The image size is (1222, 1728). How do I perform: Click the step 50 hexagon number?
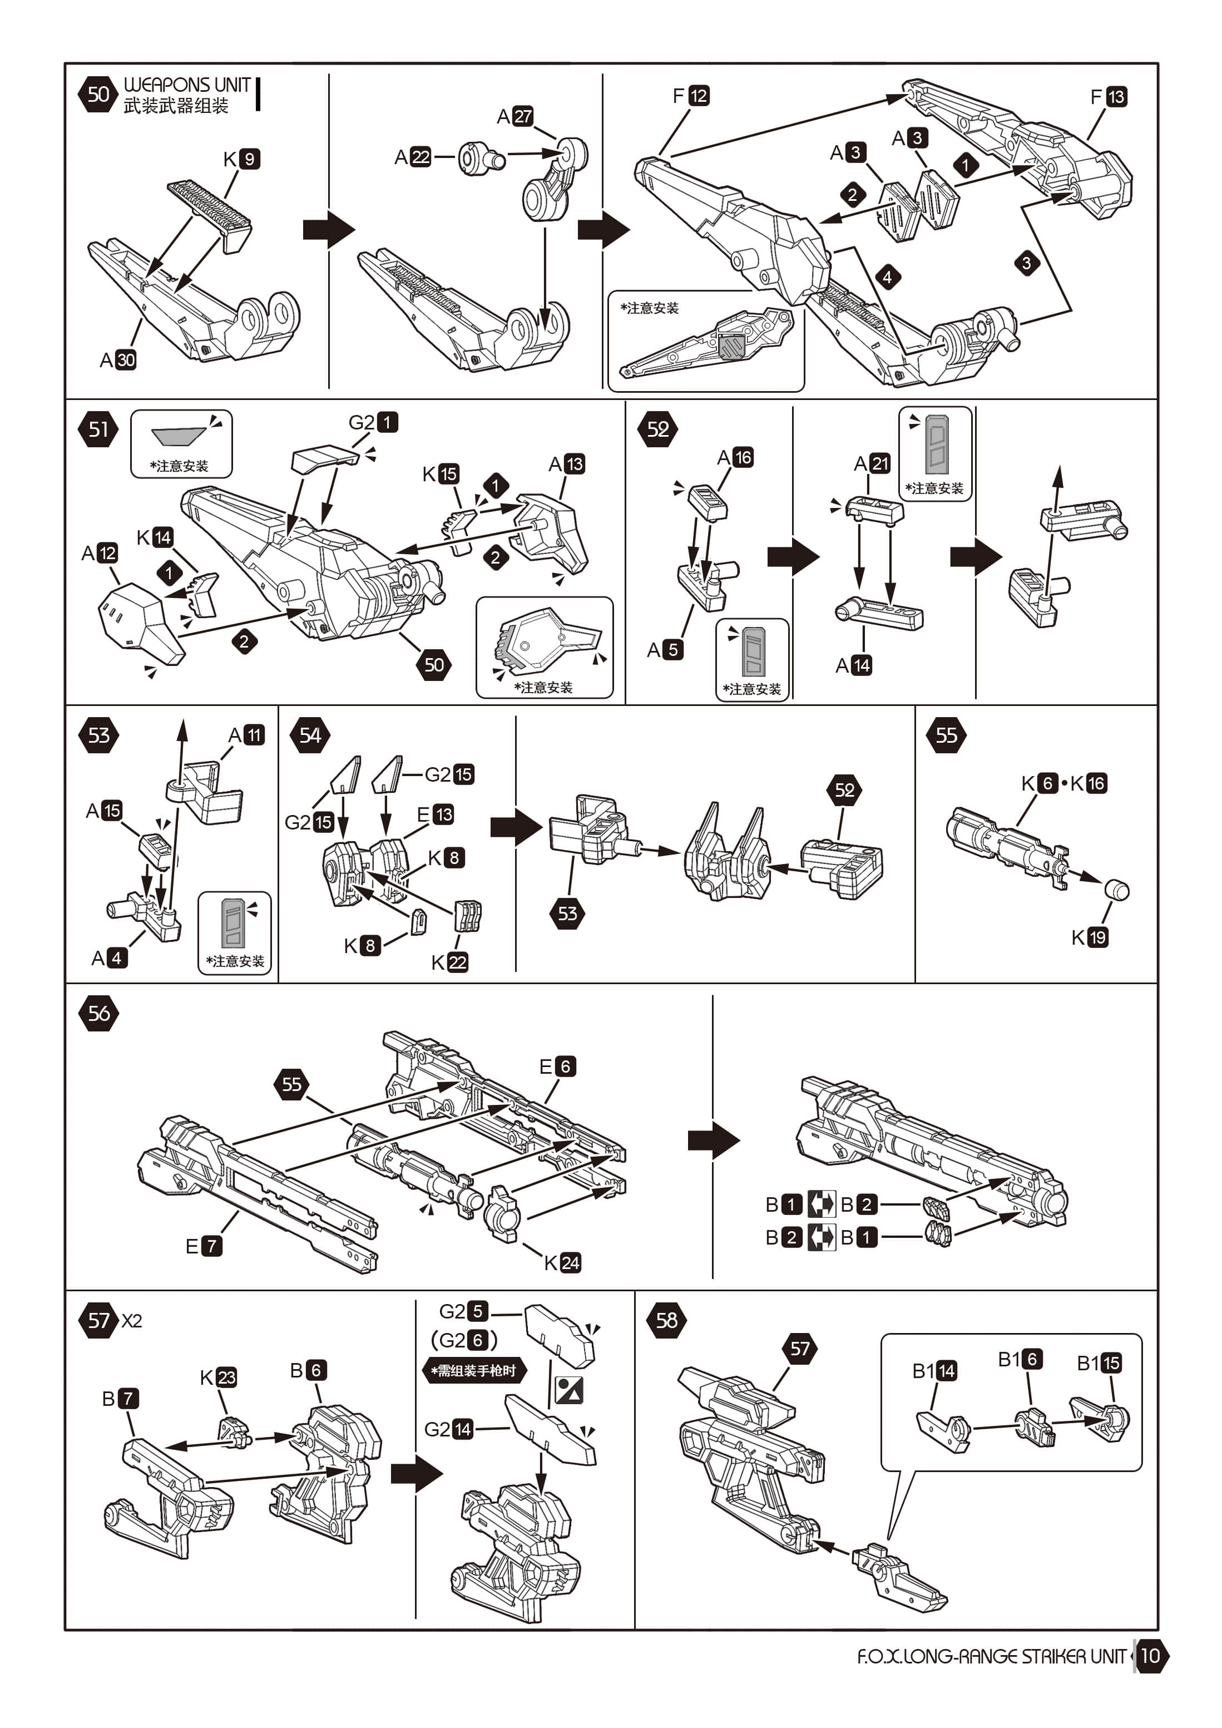tap(98, 94)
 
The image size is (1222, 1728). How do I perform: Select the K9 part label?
tap(241, 159)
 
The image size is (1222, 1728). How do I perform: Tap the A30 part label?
tap(118, 360)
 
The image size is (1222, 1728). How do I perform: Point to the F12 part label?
tap(691, 96)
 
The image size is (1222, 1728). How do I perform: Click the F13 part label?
tap(1109, 97)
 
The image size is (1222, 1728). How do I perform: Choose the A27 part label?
tap(514, 117)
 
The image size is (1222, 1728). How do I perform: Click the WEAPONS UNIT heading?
tap(187, 85)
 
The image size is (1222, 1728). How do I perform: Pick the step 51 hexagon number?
tap(98, 429)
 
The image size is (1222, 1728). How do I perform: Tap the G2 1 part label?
tap(373, 422)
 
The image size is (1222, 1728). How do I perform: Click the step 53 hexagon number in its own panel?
tap(98, 735)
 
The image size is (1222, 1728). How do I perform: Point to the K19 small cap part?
tap(1117, 890)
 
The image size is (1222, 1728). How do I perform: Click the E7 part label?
tap(203, 1246)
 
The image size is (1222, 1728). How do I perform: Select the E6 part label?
tap(557, 1066)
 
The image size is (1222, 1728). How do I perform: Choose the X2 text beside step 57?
tap(132, 1321)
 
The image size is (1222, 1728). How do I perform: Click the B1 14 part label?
tap(934, 1370)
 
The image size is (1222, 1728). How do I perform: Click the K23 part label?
tap(218, 1378)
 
